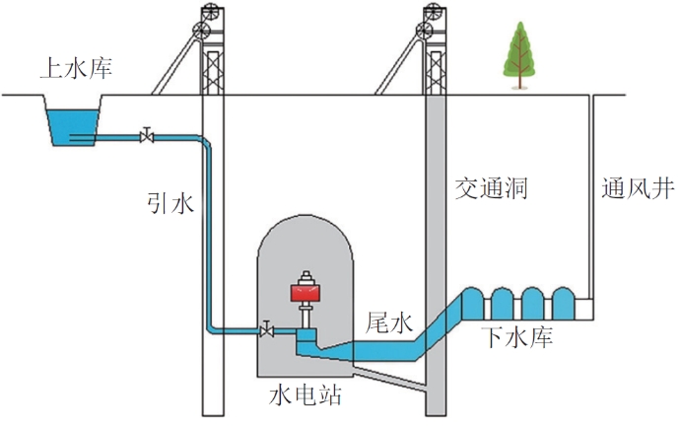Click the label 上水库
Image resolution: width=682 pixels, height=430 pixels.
75,69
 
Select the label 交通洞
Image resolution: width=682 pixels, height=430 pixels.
491,187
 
